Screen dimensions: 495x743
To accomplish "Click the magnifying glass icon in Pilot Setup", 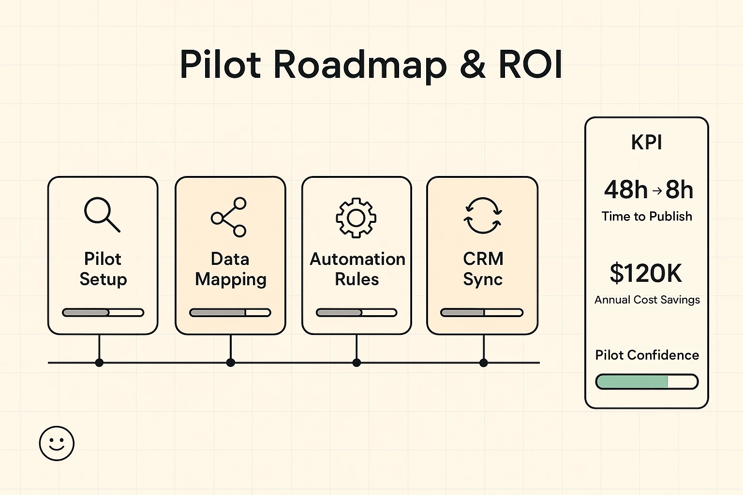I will point(102,214).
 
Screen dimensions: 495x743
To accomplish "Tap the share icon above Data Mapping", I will point(229,217).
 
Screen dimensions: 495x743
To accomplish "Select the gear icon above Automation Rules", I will point(356,218).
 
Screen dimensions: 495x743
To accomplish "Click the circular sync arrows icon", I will point(483,216).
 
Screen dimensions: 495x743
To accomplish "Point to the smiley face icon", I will point(57,443).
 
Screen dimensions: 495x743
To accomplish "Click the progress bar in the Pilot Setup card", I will point(103,313).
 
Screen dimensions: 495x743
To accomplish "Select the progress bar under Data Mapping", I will point(230,313).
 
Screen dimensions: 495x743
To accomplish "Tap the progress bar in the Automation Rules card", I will point(357,313).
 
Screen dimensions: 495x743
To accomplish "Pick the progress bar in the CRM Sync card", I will point(482,313).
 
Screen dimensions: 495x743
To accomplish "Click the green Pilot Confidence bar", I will point(647,382).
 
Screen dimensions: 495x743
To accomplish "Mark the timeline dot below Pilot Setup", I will point(99,363).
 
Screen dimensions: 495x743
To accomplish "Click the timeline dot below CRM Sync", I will point(483,363).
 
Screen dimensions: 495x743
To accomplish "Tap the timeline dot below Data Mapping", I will point(231,363).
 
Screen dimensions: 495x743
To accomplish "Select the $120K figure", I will point(646,274).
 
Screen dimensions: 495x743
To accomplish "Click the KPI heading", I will point(646,143).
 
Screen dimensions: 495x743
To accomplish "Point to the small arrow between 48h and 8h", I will point(657,190).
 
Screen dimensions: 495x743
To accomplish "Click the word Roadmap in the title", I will point(360,65).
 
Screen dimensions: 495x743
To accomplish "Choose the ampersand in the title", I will point(473,65).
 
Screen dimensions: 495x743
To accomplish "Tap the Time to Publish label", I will point(647,217).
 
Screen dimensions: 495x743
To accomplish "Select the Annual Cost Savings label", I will point(647,300).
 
